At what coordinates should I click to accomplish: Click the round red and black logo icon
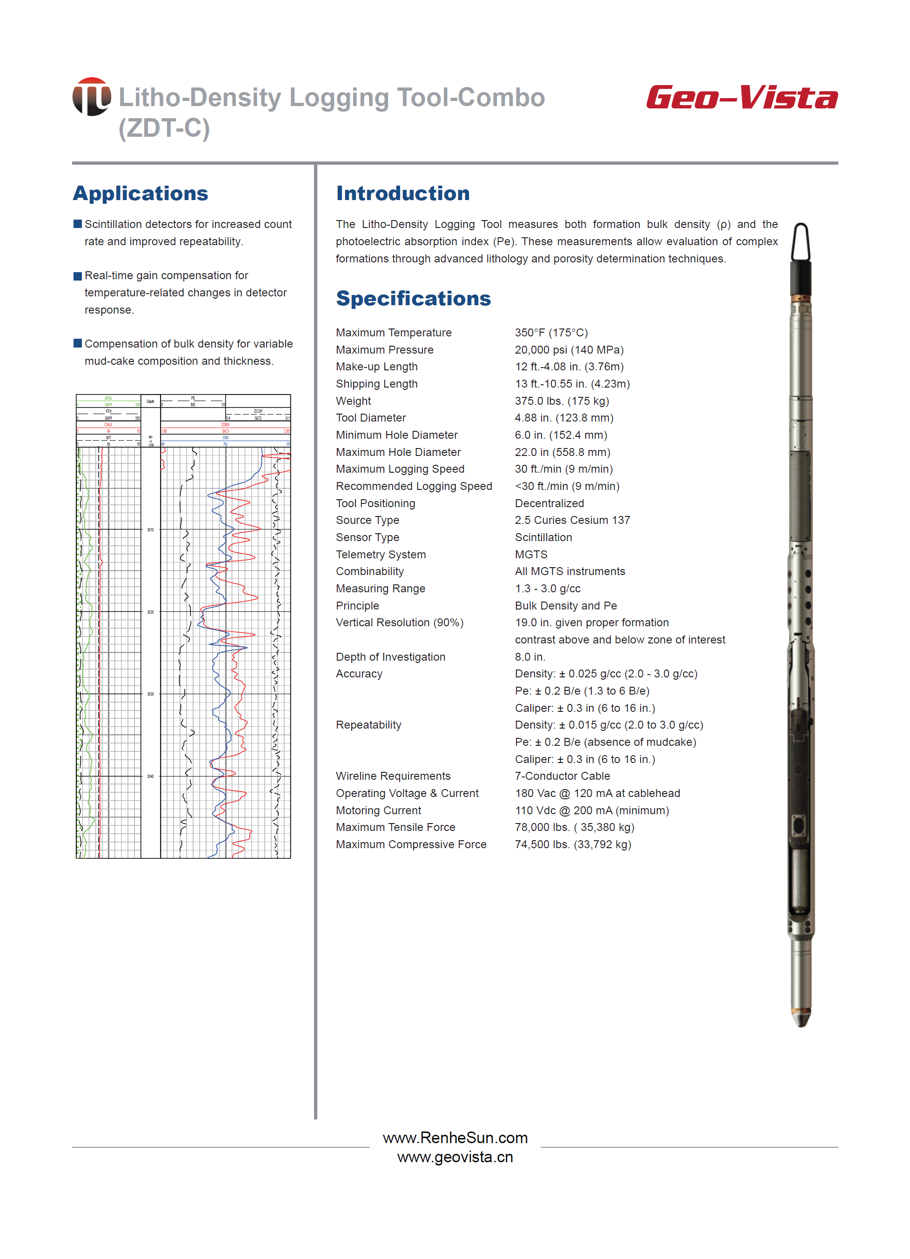[92, 97]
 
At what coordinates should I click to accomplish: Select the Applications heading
[141, 193]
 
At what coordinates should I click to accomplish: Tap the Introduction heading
[402, 193]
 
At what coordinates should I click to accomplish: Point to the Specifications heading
[413, 298]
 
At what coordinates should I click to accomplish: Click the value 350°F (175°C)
[551, 333]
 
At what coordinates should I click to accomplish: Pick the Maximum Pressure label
[384, 350]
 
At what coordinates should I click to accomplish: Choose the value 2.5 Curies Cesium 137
[572, 520]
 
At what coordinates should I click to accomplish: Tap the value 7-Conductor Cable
[562, 776]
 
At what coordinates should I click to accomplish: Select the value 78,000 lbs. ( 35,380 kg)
[574, 827]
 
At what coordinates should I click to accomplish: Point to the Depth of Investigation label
[390, 656]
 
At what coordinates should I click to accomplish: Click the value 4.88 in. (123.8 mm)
[563, 417]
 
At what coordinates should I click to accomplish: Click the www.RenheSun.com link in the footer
[455, 1138]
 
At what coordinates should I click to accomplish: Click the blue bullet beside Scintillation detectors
[78, 224]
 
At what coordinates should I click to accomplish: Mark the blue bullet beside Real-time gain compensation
[78, 276]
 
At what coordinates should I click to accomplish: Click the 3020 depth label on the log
[150, 612]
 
